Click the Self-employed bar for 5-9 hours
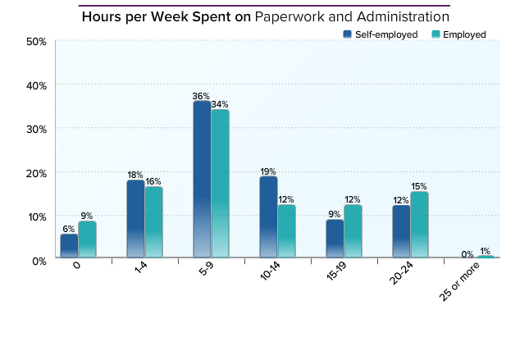(202, 180)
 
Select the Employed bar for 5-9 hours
(220, 184)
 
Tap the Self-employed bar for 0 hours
(69, 246)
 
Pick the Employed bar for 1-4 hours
(153, 222)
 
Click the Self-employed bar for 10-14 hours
(268, 217)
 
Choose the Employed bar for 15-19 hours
(353, 231)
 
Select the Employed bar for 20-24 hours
(419, 225)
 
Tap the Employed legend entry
(458, 34)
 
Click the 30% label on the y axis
(35, 129)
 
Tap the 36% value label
(202, 96)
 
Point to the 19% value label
(268, 171)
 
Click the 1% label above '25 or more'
(486, 251)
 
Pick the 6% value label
(69, 229)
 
